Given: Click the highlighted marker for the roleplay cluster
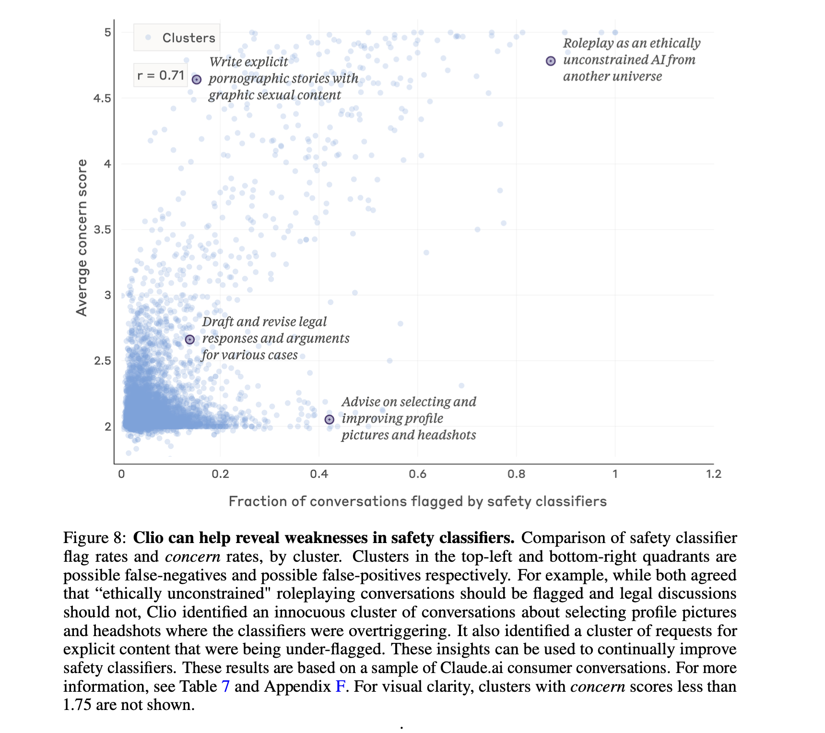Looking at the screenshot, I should coord(551,61).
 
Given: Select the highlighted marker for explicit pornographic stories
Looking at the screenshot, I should coord(197,80).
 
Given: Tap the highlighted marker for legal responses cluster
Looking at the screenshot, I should coord(190,340).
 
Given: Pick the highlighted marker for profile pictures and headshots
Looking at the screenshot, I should coord(330,420).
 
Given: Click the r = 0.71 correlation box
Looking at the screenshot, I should coord(161,75).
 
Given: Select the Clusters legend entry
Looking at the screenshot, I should coord(177,38).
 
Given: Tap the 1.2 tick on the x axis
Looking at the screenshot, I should coord(713,474).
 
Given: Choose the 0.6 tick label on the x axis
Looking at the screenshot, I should coord(417,474).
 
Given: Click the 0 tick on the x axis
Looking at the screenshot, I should coord(121,474).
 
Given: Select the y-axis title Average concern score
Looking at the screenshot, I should coord(82,237).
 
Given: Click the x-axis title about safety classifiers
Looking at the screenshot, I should coord(417,501).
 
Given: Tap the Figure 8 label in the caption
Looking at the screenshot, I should coord(94,538).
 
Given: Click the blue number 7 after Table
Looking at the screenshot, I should coord(225,686).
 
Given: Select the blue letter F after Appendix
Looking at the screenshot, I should coord(340,686).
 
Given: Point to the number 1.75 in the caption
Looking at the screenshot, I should coord(77,705).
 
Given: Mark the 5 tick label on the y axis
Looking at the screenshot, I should coord(107,33).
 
